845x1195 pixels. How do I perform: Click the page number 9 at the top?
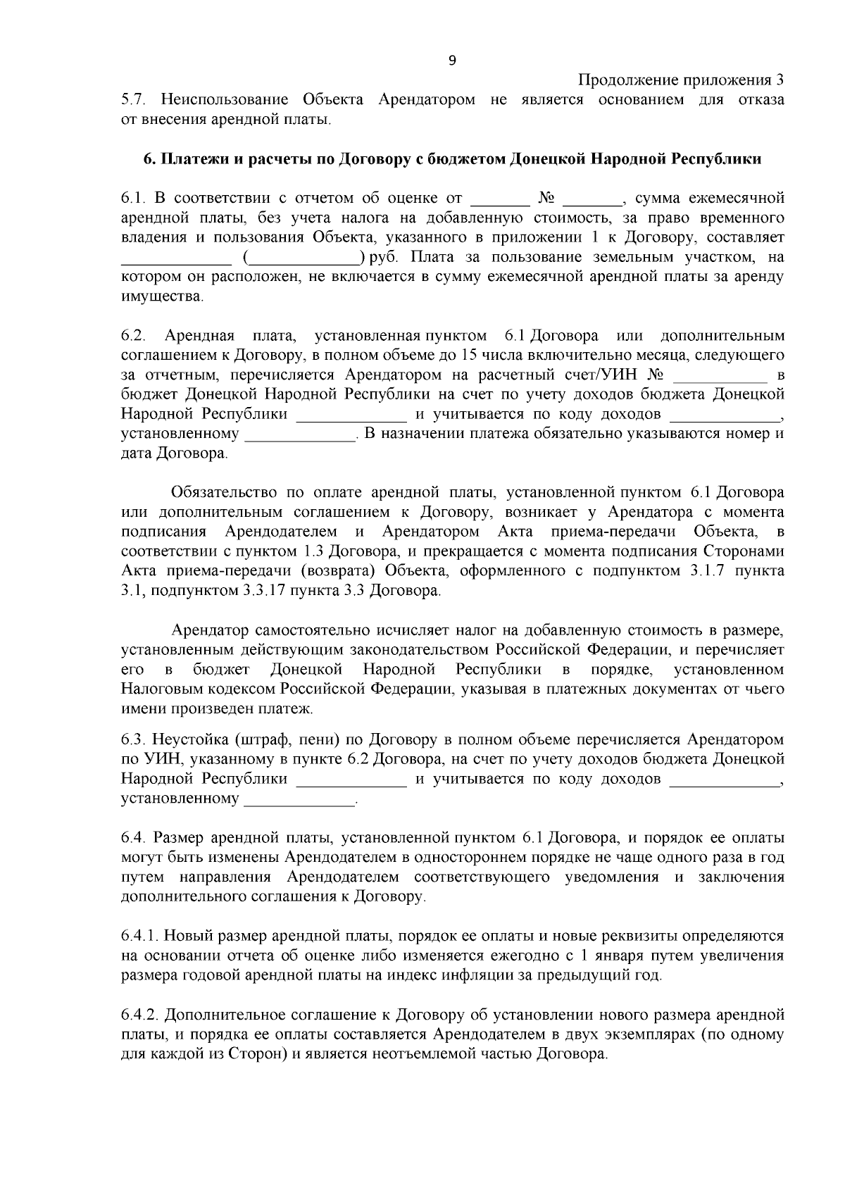[452, 61]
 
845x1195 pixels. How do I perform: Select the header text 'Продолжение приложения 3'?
[681, 80]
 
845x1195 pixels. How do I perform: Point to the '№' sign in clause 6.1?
[547, 198]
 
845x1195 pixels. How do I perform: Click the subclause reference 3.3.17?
[264, 590]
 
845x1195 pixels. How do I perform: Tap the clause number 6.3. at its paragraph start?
[134, 740]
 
